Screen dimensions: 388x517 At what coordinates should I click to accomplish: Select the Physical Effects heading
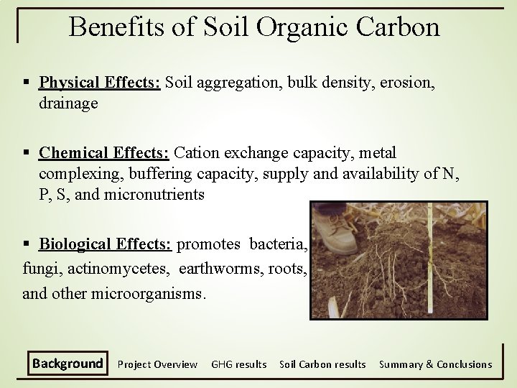coord(100,82)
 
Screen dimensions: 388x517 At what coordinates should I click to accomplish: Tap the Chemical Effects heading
coord(104,152)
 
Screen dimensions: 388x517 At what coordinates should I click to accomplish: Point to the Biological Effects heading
coord(105,244)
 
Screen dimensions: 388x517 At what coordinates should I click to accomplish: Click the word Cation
coord(195,152)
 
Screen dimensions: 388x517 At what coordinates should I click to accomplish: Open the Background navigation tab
coord(67,364)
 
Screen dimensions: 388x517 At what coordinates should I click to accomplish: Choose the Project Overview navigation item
coord(157,364)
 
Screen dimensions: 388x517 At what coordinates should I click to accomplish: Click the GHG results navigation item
coord(238,364)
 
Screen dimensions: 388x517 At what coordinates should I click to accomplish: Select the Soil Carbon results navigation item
coord(322,364)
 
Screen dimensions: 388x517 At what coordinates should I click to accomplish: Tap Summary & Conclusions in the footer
coord(435,364)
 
